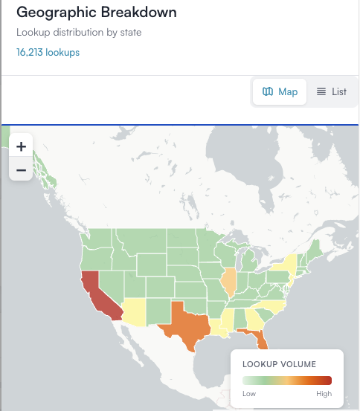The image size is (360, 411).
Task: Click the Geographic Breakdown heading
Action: tap(97, 13)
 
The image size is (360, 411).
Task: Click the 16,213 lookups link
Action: tap(48, 52)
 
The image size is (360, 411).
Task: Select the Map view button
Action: tap(280, 91)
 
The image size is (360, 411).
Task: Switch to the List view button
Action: tap(331, 91)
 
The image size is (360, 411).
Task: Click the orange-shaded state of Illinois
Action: tap(231, 282)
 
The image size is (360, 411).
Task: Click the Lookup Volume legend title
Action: tap(280, 364)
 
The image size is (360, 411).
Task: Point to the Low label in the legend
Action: tap(249, 394)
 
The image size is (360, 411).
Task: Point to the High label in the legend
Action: tap(324, 394)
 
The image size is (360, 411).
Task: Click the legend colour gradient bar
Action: tap(286, 380)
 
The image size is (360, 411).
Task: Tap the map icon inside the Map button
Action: tap(267, 91)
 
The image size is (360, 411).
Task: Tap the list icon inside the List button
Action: tap(321, 91)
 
